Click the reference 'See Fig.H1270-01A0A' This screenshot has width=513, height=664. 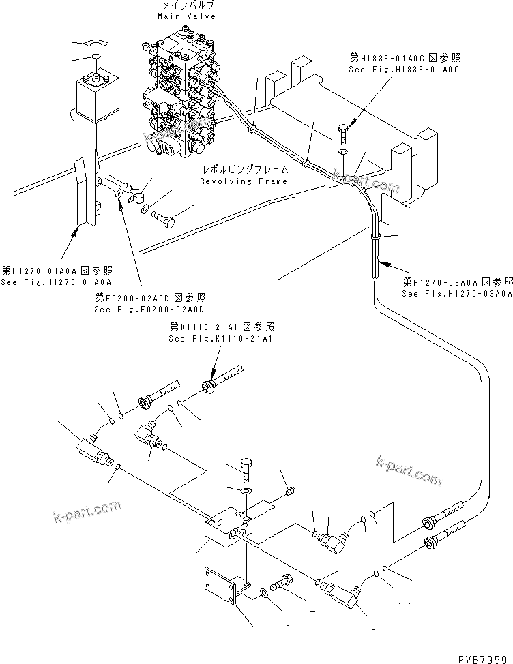point(56,282)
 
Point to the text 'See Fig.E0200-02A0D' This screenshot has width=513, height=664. point(149,309)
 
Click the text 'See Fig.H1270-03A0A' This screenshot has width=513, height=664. point(456,294)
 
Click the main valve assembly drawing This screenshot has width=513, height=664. point(182,92)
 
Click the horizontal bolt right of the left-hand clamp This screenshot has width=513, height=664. point(162,220)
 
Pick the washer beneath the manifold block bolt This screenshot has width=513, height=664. point(245,491)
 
